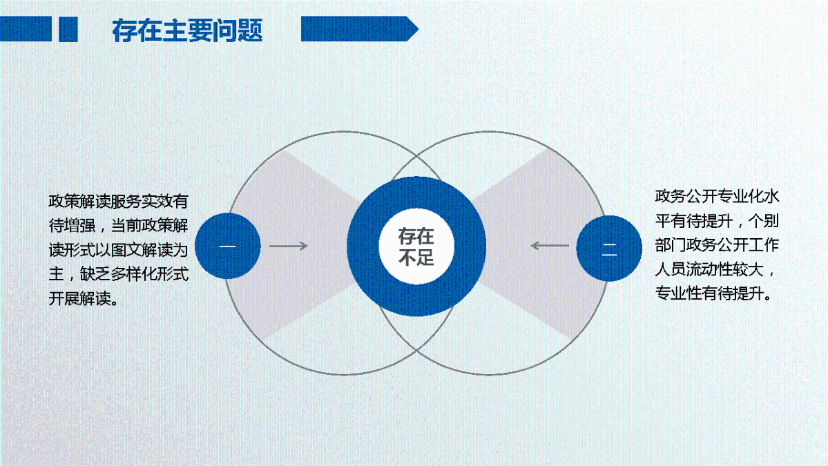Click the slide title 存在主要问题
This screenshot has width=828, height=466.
(187, 30)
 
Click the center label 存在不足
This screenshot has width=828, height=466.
(416, 246)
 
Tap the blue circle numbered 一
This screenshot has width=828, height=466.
(228, 246)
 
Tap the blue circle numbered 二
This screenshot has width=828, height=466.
(609, 248)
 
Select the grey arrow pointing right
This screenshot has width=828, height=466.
(288, 246)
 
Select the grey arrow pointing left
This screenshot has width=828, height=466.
(550, 246)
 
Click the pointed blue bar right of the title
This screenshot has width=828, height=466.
(359, 29)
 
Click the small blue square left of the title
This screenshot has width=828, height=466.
(68, 29)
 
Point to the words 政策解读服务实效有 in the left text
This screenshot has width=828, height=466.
(117, 202)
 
